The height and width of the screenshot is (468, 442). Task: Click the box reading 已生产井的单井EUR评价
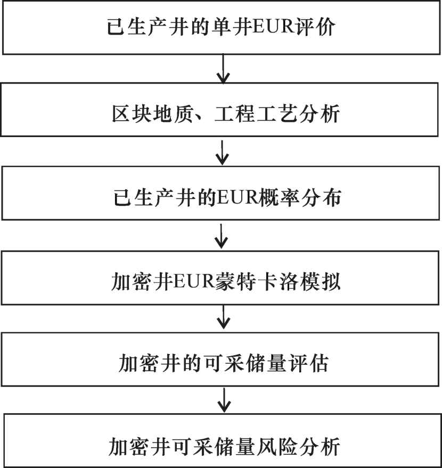tap(221, 27)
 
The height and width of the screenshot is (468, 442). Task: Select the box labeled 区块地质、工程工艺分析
tap(219, 110)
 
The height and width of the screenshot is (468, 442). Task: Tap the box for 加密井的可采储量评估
tap(220, 359)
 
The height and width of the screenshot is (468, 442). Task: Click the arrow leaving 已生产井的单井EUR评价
tap(223, 69)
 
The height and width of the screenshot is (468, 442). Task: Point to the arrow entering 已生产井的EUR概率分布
tap(222, 153)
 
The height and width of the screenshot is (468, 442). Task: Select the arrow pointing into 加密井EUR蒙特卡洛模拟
tap(222, 236)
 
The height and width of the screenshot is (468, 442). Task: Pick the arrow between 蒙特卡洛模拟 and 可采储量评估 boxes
tap(224, 316)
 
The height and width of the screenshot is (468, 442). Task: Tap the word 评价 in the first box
tap(315, 27)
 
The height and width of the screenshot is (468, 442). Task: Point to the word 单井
tap(232, 27)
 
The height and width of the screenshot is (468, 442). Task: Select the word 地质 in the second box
tap(173, 114)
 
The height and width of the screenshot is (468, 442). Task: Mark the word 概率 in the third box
tap(279, 198)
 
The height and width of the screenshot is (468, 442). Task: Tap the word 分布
tap(321, 198)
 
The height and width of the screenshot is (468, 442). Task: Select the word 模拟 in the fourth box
tap(320, 281)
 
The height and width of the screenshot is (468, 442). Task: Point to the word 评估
tap(308, 364)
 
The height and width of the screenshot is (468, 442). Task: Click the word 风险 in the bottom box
tap(277, 447)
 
